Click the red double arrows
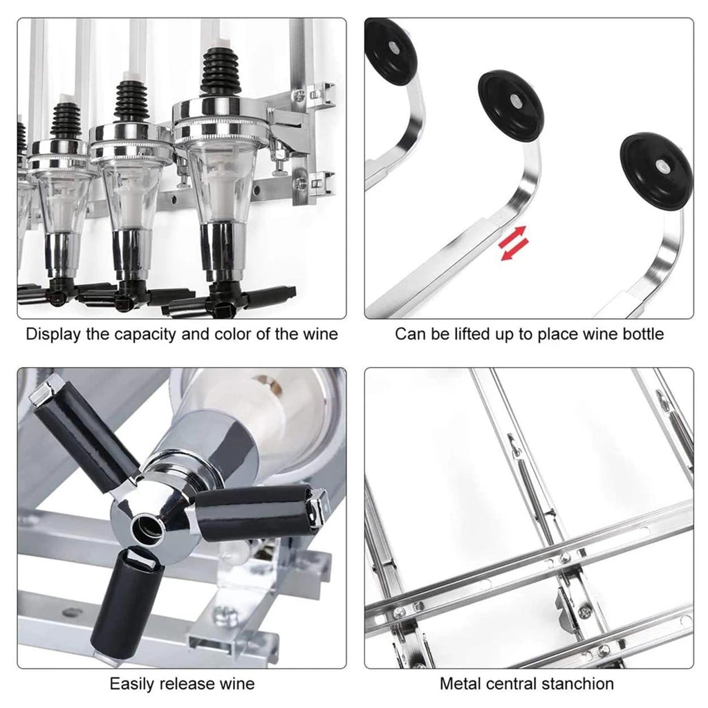point(514,243)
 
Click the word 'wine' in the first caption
point(321,335)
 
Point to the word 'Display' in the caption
point(54,335)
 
